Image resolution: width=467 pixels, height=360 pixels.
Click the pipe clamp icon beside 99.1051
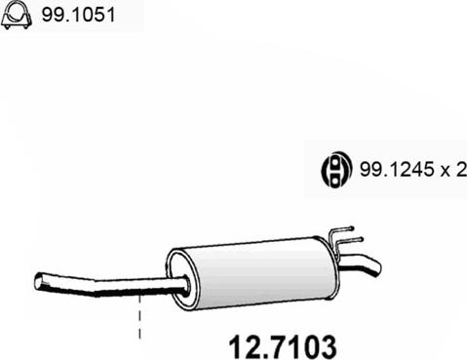tap(17, 16)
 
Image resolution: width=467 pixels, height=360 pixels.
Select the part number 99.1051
tap(78, 15)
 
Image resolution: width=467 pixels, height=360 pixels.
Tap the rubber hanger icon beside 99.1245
tap(336, 169)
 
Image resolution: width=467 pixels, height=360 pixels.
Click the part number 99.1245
tap(397, 169)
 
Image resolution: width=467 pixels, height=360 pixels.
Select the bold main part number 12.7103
tap(282, 347)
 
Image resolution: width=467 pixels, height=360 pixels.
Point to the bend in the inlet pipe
tap(96, 288)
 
